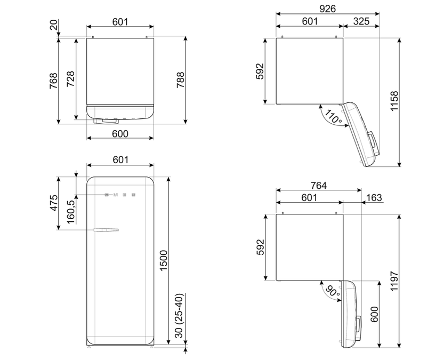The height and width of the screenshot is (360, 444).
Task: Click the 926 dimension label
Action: click(327, 9)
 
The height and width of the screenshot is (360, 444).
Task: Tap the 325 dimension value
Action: click(361, 21)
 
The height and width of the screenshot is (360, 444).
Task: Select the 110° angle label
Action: click(333, 116)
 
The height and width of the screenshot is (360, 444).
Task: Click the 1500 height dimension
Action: click(164, 261)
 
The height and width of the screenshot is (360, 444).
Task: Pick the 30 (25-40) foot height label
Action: click(179, 316)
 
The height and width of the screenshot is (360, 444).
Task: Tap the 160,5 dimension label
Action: click(71, 212)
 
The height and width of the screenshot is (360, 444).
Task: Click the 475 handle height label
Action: click(53, 203)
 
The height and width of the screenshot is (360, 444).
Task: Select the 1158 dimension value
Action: click(394, 101)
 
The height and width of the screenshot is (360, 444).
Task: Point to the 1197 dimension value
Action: click(394, 281)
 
